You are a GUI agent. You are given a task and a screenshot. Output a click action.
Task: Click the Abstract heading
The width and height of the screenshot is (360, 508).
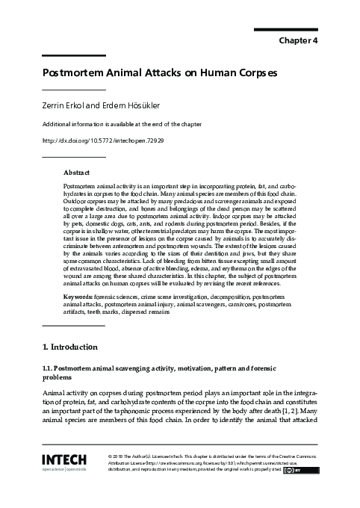(78, 173)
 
